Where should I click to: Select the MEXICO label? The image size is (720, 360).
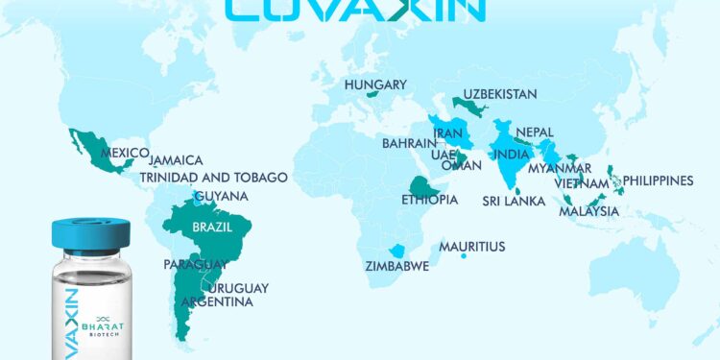point(126,153)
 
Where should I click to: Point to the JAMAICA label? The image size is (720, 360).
point(177,160)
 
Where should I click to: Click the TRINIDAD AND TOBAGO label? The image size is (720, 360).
point(213,178)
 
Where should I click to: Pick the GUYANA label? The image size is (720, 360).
point(222,197)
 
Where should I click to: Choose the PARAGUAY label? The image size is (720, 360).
point(196,264)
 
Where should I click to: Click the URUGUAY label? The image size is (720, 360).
point(238,287)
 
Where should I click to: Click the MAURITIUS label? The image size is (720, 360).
point(471,247)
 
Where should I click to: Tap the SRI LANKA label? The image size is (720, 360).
point(514,201)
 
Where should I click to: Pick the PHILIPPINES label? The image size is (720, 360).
point(658,180)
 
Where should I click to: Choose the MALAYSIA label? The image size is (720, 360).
point(588,211)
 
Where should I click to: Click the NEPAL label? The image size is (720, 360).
point(534,132)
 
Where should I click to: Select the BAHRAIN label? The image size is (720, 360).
point(410,143)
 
